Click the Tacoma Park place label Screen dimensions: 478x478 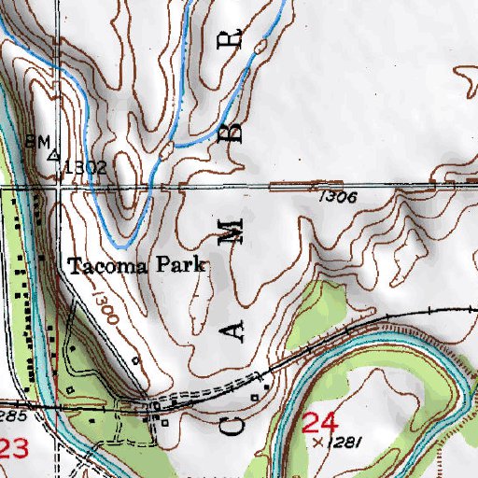[135, 266]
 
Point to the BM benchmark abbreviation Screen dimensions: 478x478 [36, 142]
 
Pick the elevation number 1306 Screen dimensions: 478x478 [338, 197]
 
